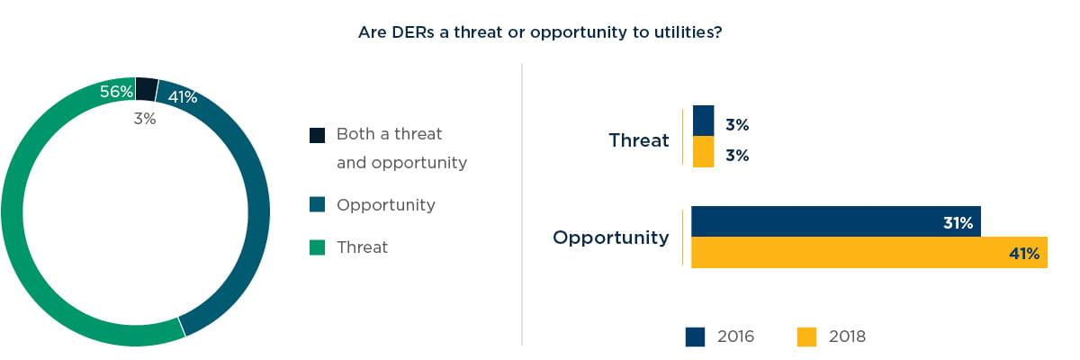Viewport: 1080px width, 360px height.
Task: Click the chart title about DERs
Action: point(540,32)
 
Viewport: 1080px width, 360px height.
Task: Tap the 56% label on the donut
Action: point(116,91)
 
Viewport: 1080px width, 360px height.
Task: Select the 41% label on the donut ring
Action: point(182,97)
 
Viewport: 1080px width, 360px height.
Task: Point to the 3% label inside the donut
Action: point(145,119)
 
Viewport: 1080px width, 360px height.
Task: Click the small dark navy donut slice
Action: point(147,89)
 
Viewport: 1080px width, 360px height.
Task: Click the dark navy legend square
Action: point(317,135)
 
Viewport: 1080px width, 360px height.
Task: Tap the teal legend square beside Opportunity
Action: point(317,204)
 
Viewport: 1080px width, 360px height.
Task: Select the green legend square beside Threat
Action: point(317,247)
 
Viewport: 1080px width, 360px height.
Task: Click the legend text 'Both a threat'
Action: point(389,134)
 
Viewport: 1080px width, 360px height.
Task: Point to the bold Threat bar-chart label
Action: point(639,140)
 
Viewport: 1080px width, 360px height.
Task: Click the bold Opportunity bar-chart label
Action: point(611,238)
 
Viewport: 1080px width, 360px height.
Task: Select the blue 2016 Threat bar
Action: point(703,121)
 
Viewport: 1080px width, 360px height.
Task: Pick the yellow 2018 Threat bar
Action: point(703,151)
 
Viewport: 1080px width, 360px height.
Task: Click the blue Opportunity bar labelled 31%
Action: point(835,221)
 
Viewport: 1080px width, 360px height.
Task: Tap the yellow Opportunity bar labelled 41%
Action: point(869,253)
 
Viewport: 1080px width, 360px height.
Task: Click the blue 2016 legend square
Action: point(695,337)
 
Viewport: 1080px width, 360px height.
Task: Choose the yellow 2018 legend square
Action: point(806,337)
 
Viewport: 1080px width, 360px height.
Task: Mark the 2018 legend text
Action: point(847,337)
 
